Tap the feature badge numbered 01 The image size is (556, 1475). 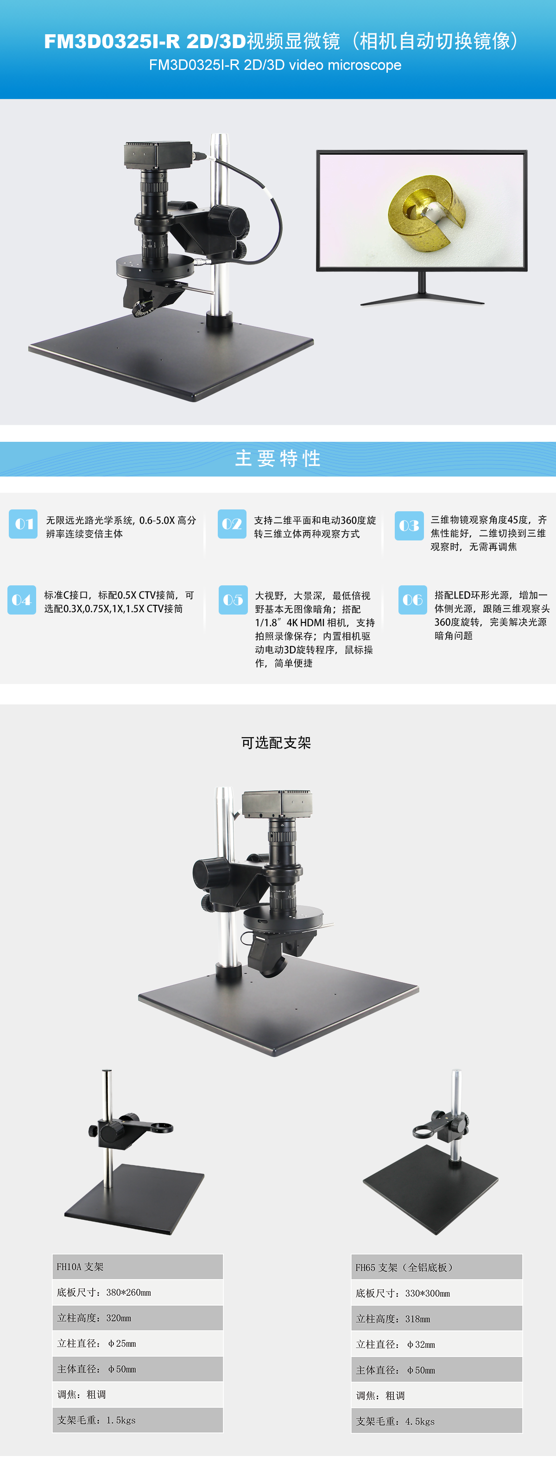[x=23, y=524]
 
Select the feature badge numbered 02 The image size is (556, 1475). [x=232, y=524]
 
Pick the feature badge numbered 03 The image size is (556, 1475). [x=409, y=526]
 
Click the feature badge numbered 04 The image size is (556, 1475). [x=22, y=600]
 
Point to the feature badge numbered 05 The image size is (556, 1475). [x=233, y=600]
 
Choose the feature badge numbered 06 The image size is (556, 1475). [x=413, y=600]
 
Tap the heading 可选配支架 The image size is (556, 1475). [x=276, y=743]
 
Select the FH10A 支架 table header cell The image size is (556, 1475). [x=138, y=1267]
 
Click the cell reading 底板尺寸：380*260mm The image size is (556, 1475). [x=138, y=1293]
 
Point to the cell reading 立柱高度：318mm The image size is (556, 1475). [x=436, y=1318]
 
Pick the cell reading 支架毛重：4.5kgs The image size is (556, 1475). [x=436, y=1421]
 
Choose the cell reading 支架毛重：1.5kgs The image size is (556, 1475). [x=138, y=1420]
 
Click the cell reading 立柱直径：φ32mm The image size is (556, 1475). [x=436, y=1344]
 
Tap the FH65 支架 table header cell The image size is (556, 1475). [x=436, y=1267]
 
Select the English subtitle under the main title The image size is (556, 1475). [x=275, y=65]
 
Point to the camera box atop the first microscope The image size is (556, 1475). [x=158, y=155]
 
